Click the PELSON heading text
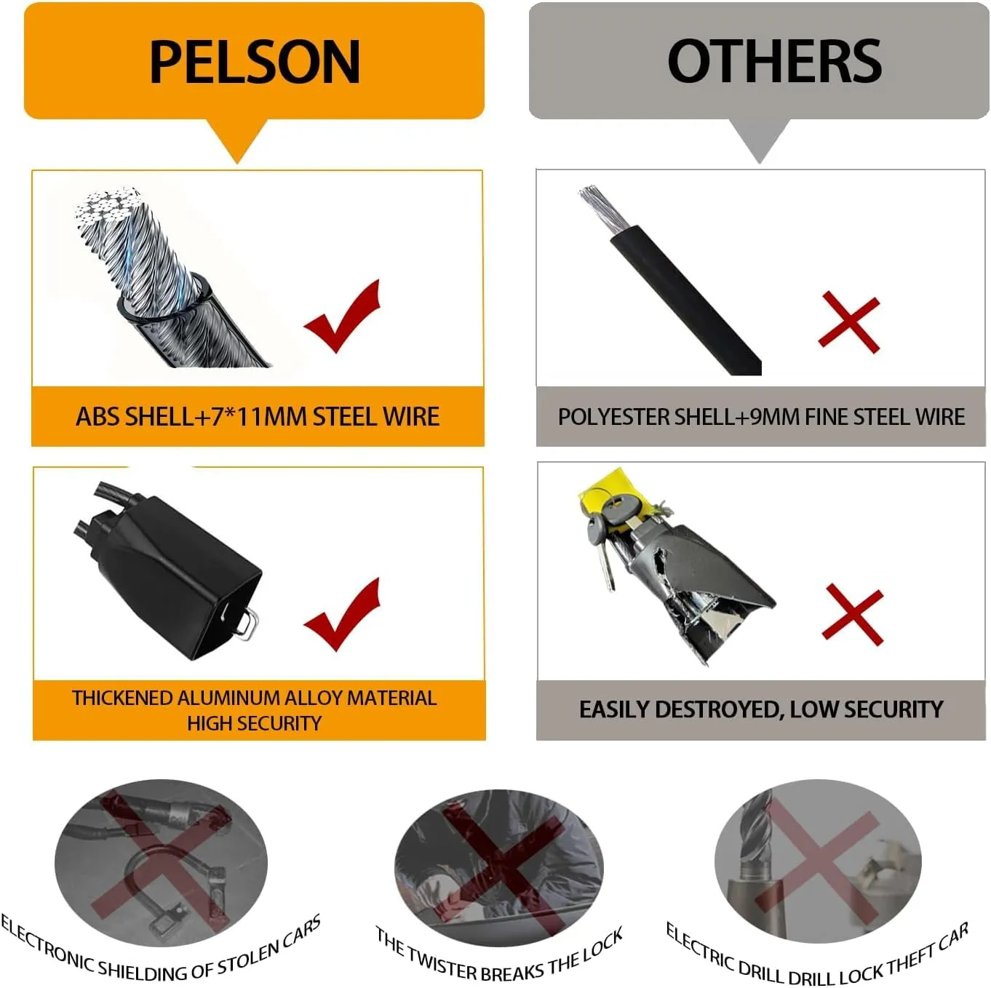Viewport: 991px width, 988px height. tap(255, 62)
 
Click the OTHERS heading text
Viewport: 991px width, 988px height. tap(774, 61)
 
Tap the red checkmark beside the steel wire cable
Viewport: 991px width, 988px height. tap(343, 316)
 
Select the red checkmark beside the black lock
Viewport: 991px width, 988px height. tap(343, 614)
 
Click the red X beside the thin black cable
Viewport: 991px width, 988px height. tap(848, 322)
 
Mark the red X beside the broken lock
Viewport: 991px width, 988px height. tap(852, 614)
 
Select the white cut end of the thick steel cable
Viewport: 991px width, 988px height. tap(106, 207)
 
